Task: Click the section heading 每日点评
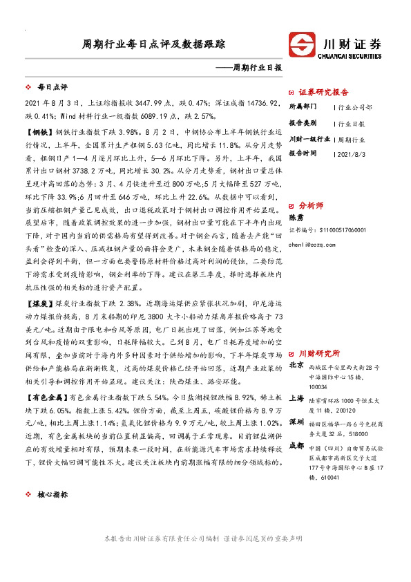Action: (52, 88)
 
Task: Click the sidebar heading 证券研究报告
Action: (323, 91)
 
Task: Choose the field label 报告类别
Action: (302, 123)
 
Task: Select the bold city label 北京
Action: (296, 365)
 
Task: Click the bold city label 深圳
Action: (296, 421)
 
